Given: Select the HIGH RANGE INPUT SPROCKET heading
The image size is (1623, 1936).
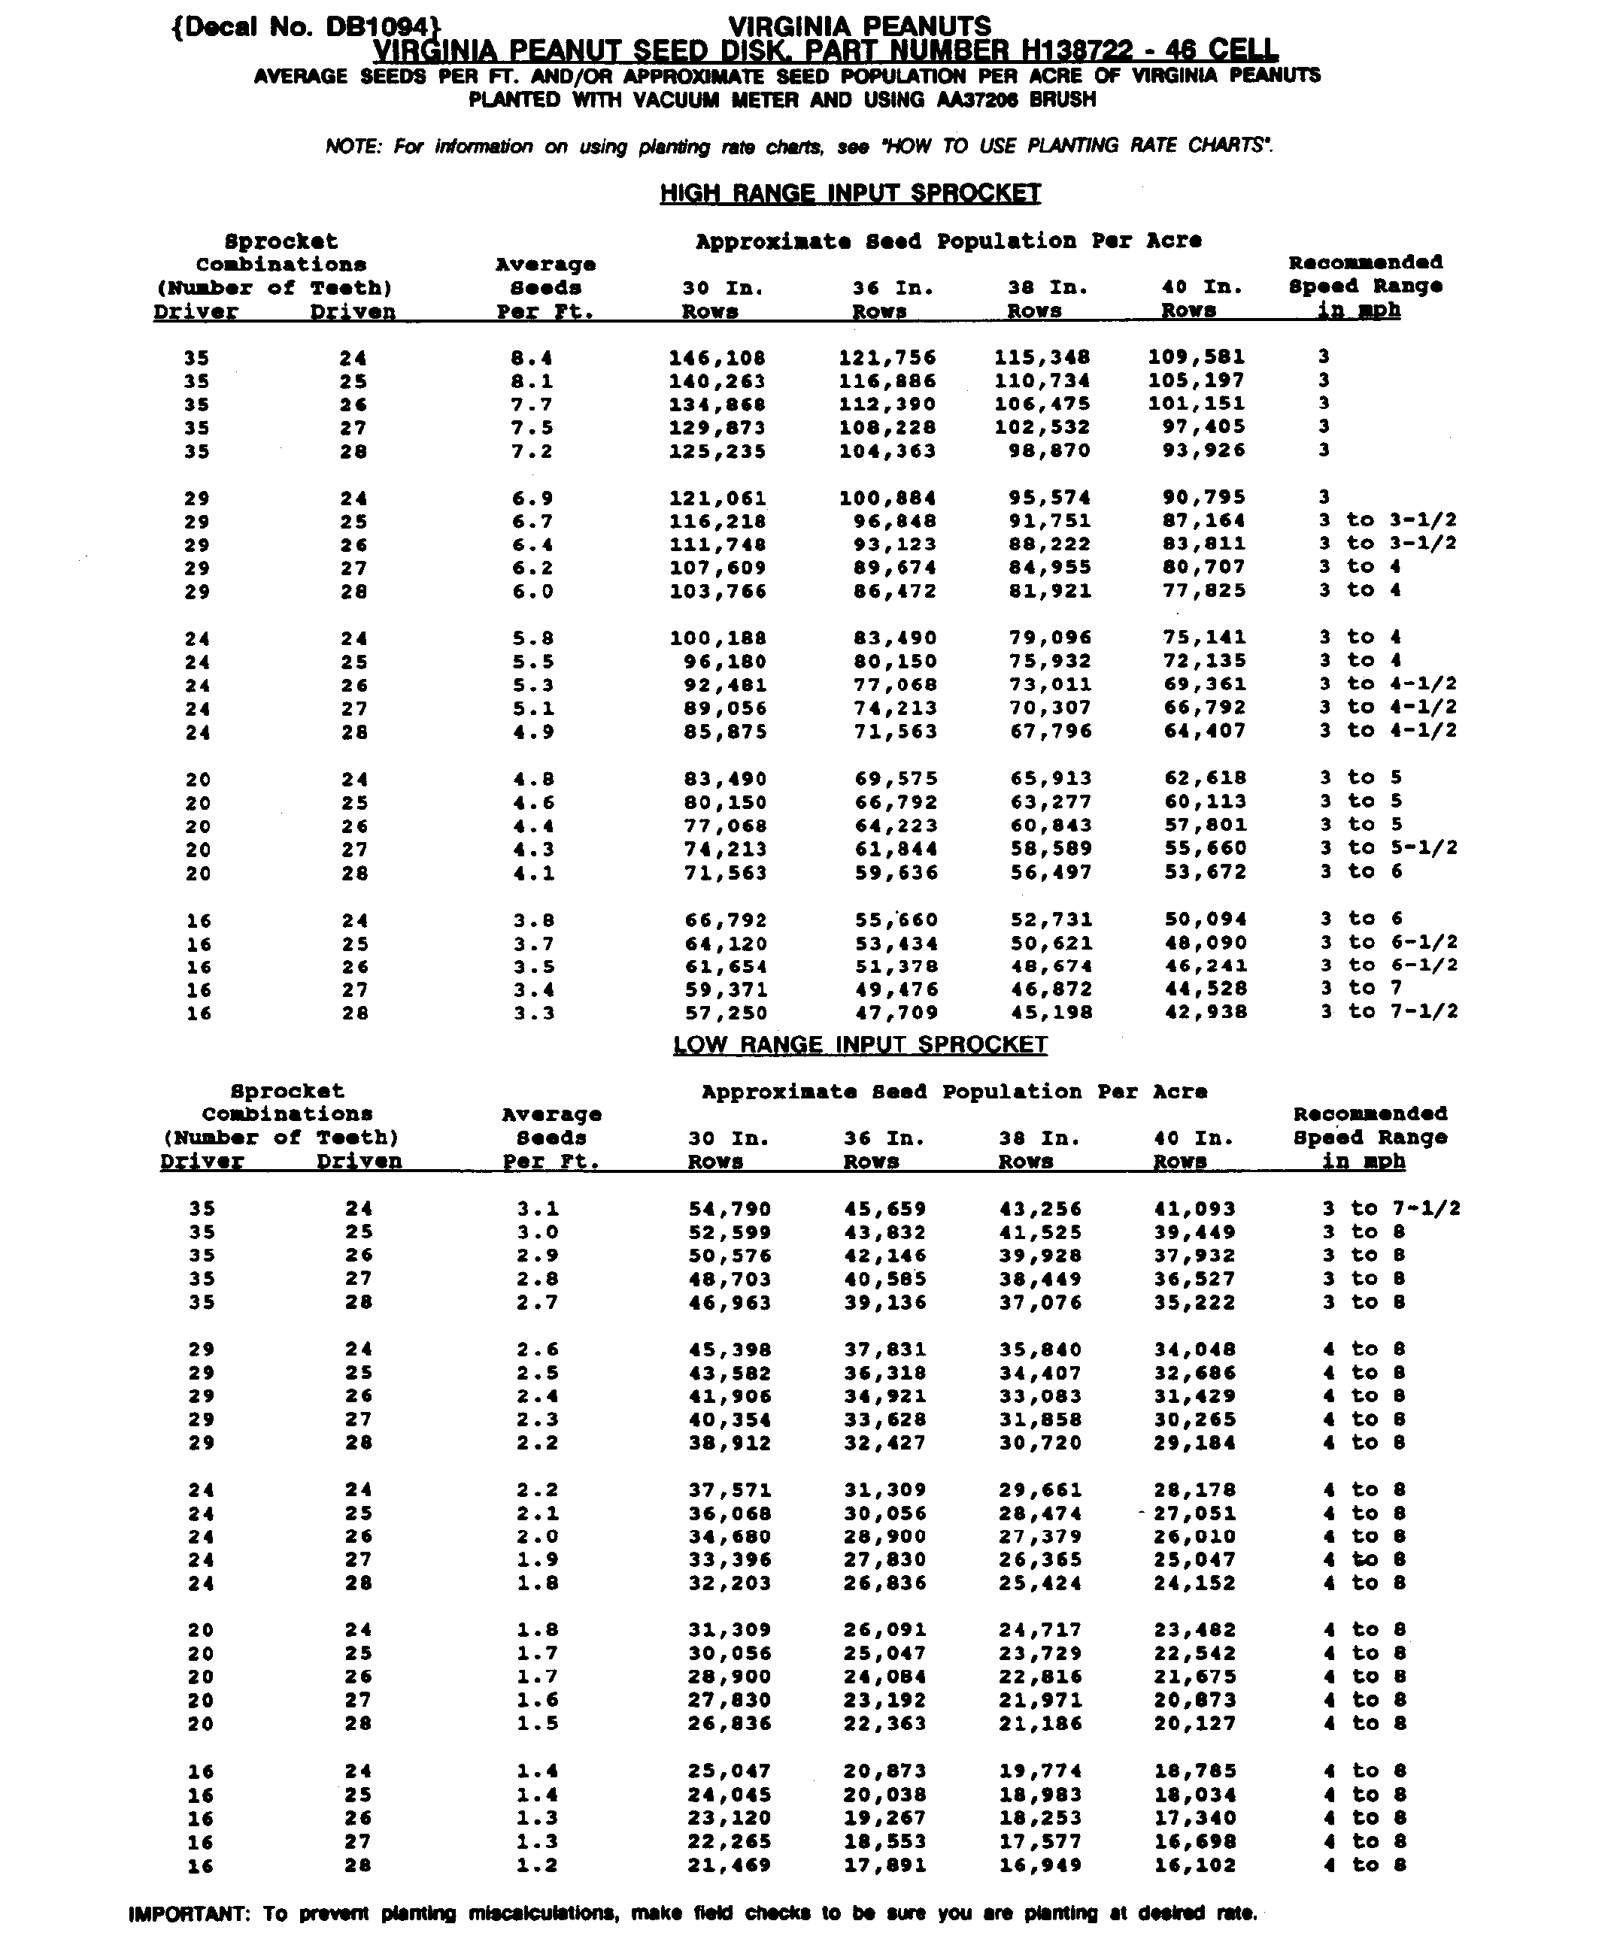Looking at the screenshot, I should tap(850, 194).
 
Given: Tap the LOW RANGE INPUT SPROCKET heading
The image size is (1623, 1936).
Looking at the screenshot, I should tap(860, 1044).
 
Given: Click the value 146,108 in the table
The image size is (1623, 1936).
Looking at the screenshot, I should tap(717, 358).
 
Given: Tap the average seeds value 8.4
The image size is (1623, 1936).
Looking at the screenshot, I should tap(533, 358).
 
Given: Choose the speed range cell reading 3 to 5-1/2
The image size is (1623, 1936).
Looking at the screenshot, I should tap(1388, 848).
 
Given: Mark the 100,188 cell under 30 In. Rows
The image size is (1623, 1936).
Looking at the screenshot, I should tap(717, 638).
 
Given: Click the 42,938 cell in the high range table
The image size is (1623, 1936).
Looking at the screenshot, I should tap(1206, 1012).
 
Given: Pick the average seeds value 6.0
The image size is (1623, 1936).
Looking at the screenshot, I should tap(533, 592).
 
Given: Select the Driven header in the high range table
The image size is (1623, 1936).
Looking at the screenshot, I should tap(352, 311).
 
